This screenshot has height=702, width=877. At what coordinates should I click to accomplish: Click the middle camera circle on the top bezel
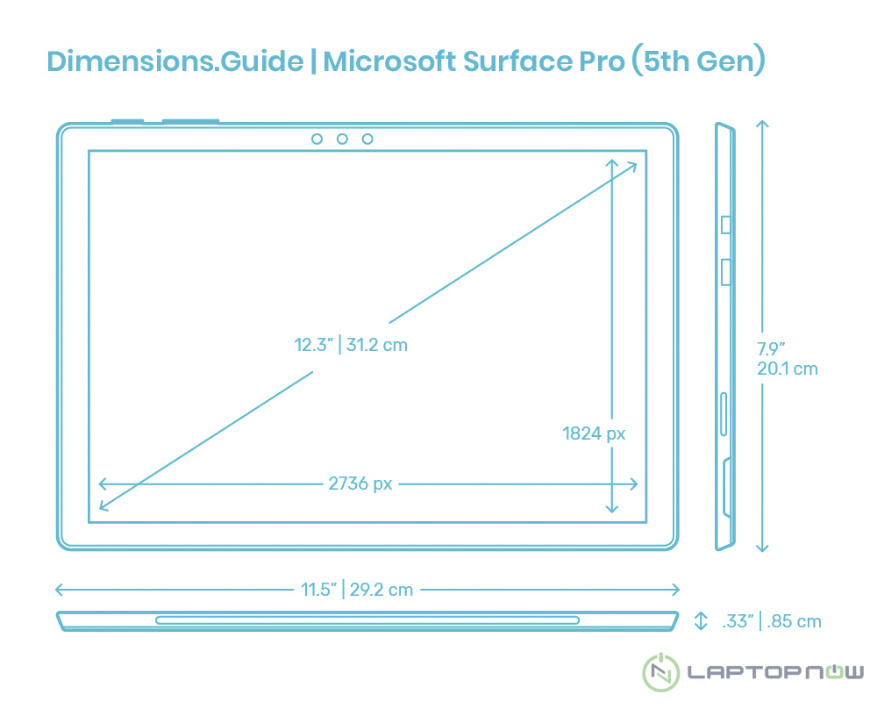(342, 139)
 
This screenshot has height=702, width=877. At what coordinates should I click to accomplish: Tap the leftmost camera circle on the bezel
(317, 139)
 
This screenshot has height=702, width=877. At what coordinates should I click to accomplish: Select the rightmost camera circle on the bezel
(367, 139)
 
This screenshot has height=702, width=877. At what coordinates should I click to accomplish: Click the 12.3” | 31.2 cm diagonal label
(351, 345)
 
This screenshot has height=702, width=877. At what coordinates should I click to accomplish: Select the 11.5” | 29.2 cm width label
(357, 590)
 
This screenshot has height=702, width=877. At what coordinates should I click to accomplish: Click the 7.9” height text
(771, 349)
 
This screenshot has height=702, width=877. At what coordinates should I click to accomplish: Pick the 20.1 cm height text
(788, 369)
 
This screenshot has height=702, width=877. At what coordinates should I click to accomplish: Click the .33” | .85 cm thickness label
(772, 621)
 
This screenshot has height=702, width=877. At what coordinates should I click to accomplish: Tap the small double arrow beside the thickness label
(701, 621)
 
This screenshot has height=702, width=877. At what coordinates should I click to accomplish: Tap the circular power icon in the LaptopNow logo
(661, 673)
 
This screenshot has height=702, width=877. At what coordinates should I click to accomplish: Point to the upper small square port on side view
(725, 225)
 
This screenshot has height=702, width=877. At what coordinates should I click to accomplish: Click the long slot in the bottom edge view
(367, 620)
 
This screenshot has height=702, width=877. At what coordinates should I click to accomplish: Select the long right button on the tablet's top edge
(190, 121)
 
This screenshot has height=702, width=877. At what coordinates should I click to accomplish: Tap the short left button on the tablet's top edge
(128, 121)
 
